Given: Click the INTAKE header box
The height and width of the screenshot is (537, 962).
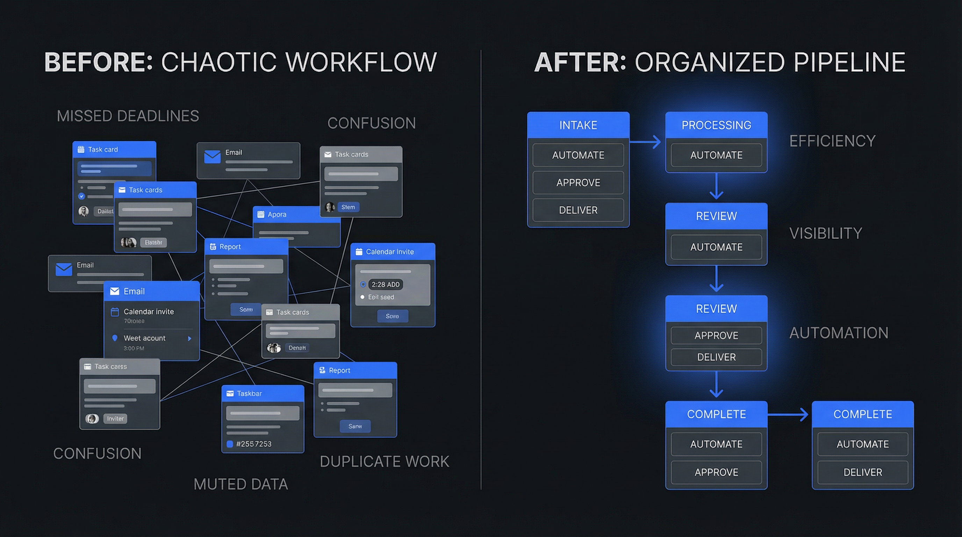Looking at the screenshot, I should [578, 125].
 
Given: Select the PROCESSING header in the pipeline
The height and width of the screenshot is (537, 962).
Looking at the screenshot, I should [716, 125].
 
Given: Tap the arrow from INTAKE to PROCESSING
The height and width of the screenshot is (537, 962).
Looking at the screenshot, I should [645, 142].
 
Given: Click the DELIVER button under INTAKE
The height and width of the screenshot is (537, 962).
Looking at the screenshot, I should [578, 210].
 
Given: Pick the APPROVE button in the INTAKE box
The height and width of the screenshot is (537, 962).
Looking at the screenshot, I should [578, 182].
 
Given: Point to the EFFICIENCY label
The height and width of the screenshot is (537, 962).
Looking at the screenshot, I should [832, 141].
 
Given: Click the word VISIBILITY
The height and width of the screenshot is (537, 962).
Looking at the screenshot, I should [825, 234].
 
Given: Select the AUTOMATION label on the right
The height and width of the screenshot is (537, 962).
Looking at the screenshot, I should [838, 333].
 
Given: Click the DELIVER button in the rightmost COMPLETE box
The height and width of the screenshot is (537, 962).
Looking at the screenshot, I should [862, 472].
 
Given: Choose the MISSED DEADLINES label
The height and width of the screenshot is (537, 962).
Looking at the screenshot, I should [128, 116].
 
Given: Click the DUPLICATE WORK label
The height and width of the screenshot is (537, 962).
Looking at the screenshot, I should [384, 461].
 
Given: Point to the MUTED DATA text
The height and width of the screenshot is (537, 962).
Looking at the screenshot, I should [240, 484].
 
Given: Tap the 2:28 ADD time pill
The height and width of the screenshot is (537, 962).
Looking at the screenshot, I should [386, 285].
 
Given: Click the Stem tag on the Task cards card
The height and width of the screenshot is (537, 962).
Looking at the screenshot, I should [348, 207].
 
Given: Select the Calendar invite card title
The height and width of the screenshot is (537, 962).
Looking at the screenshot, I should [389, 252].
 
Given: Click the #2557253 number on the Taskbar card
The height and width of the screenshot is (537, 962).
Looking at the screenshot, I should [253, 444].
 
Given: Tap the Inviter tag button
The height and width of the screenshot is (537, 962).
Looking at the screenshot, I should [115, 418].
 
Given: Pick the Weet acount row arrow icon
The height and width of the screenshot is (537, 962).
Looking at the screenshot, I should [189, 339].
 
